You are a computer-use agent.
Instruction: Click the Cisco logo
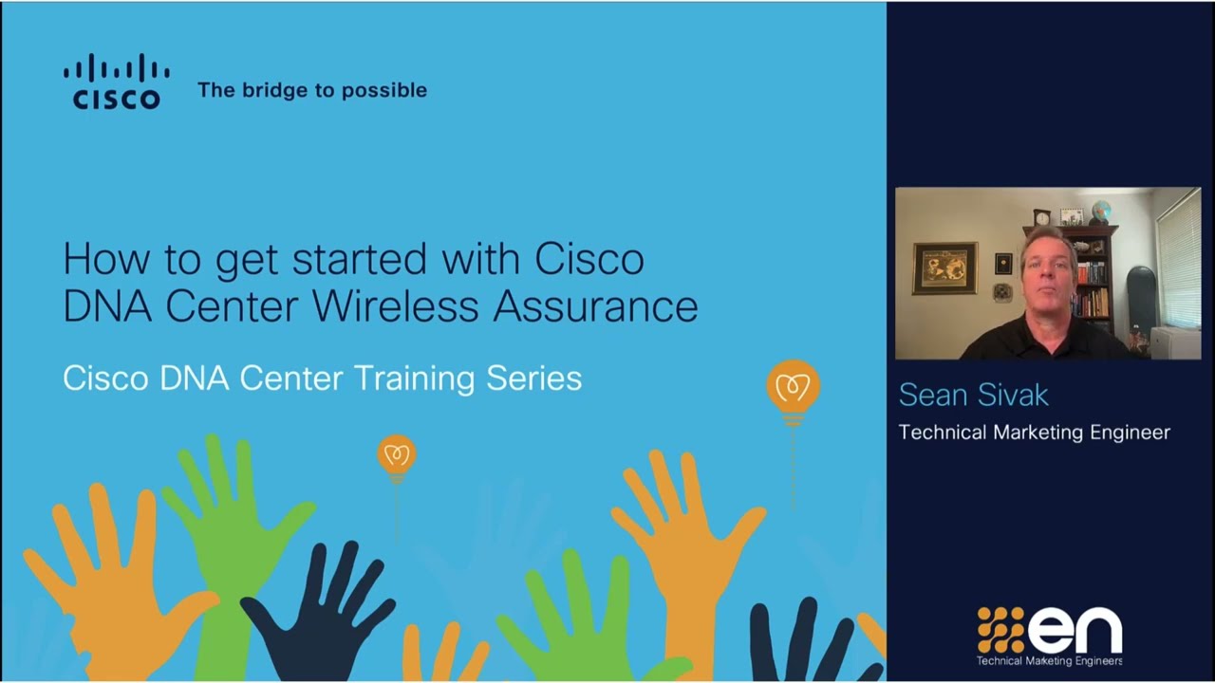pos(117,83)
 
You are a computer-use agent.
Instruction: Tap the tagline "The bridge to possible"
pos(312,90)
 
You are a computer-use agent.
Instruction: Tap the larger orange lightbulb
pos(793,387)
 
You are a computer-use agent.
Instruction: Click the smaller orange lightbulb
pos(396,455)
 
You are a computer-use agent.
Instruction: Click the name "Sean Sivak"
pos(973,395)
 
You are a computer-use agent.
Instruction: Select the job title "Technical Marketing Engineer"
pos(1034,433)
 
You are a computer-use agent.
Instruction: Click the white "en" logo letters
pos(1075,631)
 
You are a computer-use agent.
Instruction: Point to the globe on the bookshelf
pos(1101,211)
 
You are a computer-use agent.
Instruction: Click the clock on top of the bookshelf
pos(1041,217)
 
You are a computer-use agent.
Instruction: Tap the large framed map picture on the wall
pos(944,268)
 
